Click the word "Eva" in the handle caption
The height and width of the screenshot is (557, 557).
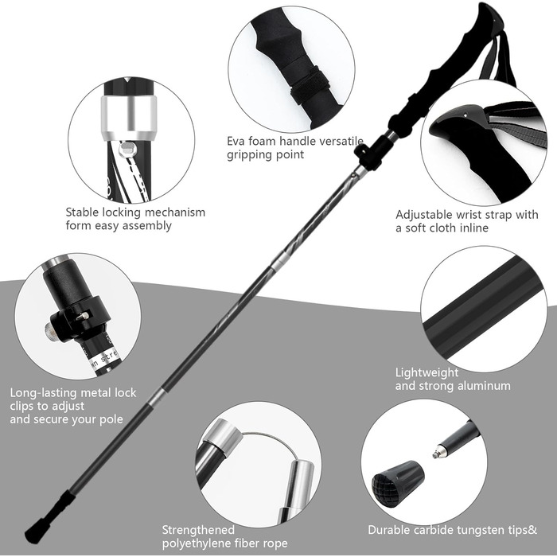[x=236, y=141]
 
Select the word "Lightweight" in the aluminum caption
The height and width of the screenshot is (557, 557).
[x=427, y=372]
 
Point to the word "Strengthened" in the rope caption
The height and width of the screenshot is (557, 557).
[x=198, y=530]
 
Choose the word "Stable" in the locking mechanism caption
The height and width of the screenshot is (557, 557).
[x=82, y=212]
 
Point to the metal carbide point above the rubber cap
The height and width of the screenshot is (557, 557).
[x=440, y=451]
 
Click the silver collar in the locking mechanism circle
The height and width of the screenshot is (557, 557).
[x=129, y=118]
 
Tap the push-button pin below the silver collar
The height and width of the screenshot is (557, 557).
[x=127, y=150]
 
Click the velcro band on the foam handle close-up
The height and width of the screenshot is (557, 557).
[x=310, y=86]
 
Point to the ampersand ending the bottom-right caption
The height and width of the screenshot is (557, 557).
[x=532, y=530]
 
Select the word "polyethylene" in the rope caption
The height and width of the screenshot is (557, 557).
[x=197, y=543]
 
